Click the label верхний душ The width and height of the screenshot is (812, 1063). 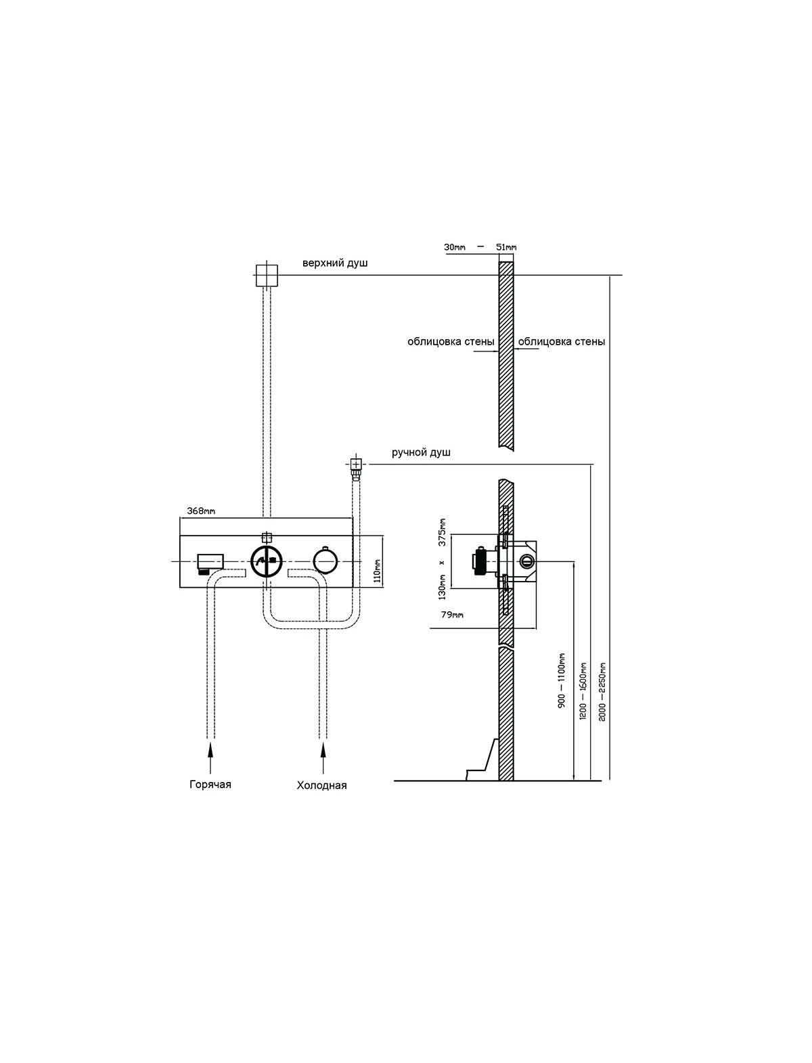pos(335,263)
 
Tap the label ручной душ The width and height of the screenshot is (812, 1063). pos(421,452)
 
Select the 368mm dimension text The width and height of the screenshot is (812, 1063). pos(201,511)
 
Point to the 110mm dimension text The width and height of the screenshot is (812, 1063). pos(378,571)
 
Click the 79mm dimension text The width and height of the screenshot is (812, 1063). pos(452,615)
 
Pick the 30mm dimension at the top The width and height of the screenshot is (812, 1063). pos(455,247)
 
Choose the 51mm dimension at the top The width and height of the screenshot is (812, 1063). pos(506,247)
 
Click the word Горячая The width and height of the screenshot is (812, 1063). pos(210,784)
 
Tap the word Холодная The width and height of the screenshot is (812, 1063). pos(322,785)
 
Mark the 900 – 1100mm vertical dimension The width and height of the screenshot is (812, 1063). pos(562,680)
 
